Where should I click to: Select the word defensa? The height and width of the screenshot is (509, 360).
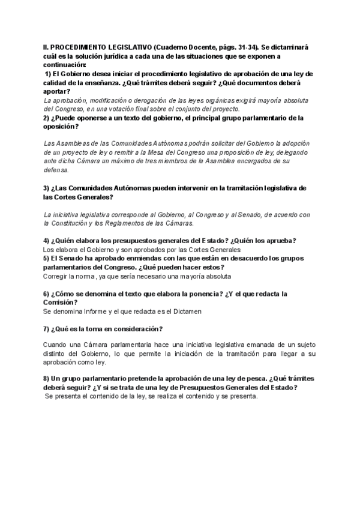click(57, 170)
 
